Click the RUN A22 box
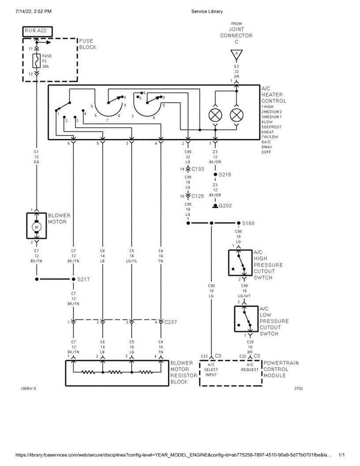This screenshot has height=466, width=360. (37, 31)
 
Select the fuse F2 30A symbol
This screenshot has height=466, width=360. (37, 61)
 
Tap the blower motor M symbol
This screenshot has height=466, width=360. (37, 227)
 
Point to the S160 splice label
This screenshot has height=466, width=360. (248, 223)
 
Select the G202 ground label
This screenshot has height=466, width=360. (225, 206)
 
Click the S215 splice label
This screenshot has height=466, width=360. (225, 175)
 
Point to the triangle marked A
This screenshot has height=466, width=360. (236, 55)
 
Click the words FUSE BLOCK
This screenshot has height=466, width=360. (87, 44)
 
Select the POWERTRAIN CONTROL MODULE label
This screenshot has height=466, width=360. (281, 369)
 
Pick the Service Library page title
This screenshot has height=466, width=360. (207, 11)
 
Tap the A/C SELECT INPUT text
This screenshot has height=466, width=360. (211, 369)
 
